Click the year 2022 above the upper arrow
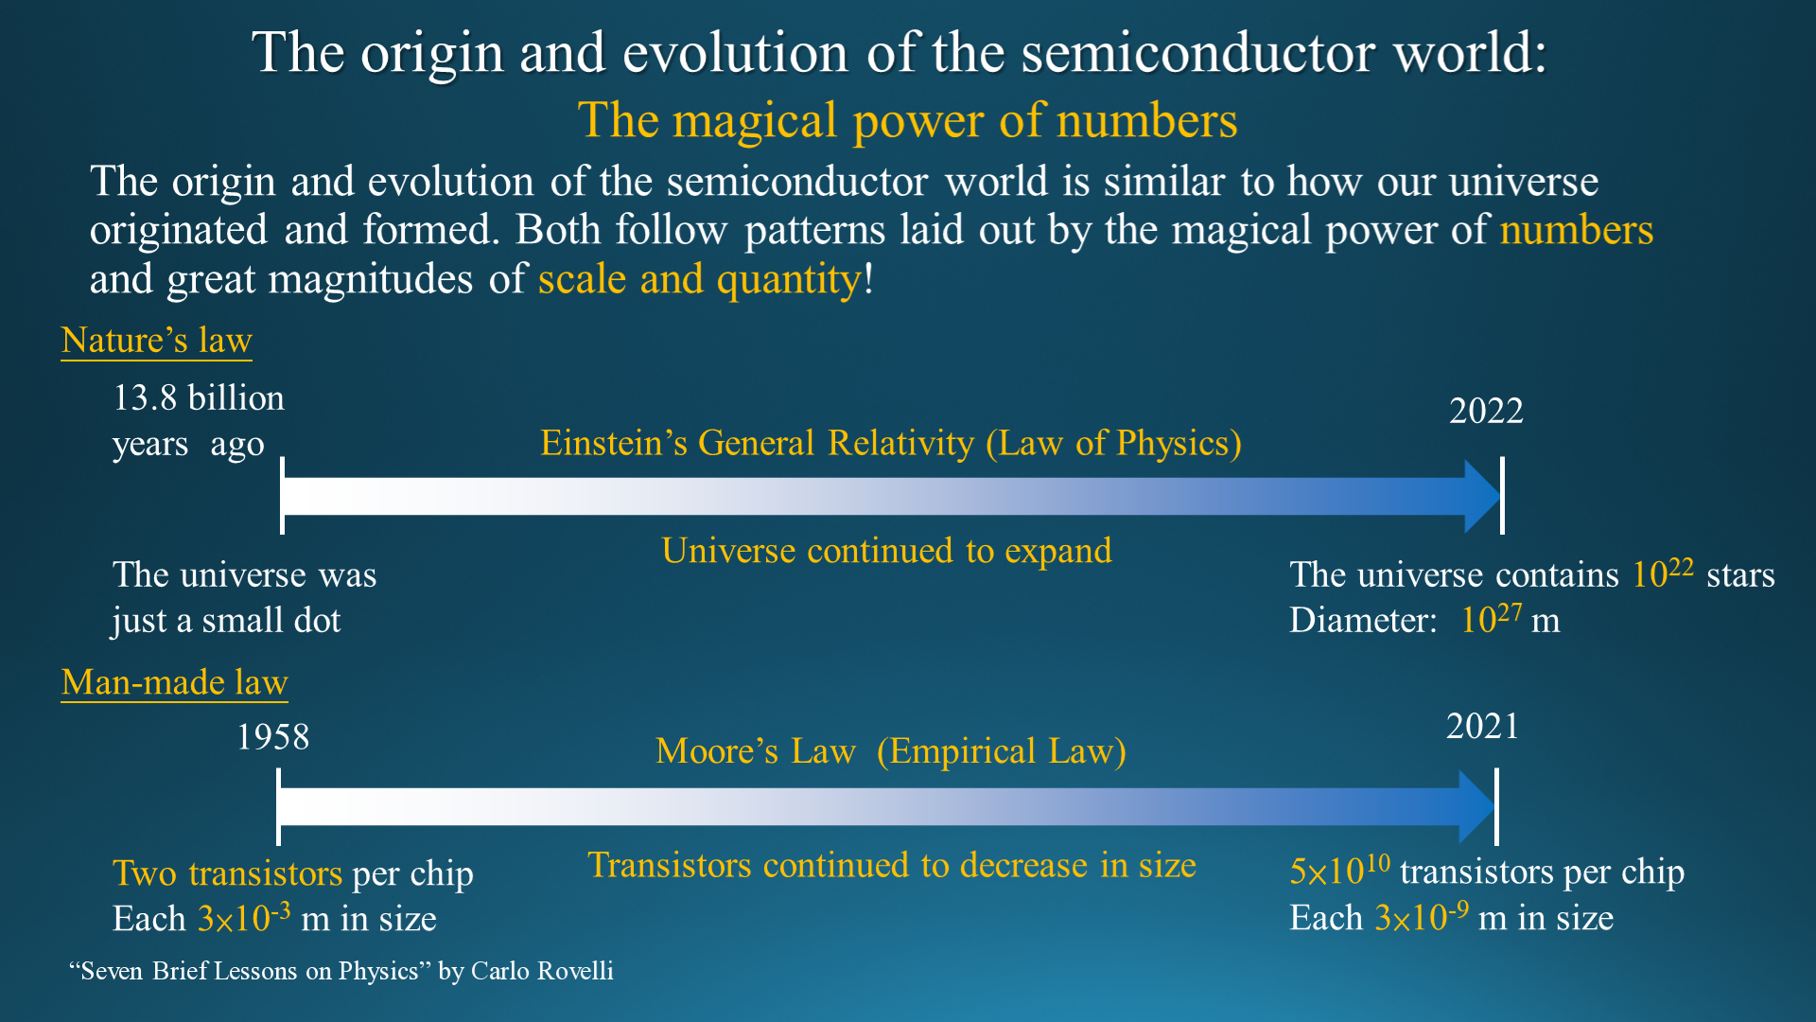tap(1486, 411)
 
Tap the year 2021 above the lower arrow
tap(1482, 726)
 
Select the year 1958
tap(272, 737)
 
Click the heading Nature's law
tap(156, 340)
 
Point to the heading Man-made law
tap(174, 682)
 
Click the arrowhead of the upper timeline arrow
tap(1482, 496)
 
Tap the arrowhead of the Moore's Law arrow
tap(1477, 806)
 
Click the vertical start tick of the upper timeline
tap(282, 496)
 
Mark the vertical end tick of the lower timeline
tap(1496, 806)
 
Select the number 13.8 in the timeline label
tap(145, 397)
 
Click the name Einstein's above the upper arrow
tap(614, 443)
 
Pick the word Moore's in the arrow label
tap(717, 751)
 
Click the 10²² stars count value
tap(1663, 573)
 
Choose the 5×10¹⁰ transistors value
tap(1340, 870)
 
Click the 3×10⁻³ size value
tap(244, 916)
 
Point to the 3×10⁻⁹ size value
tap(1422, 915)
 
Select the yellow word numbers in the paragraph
tap(1577, 230)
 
